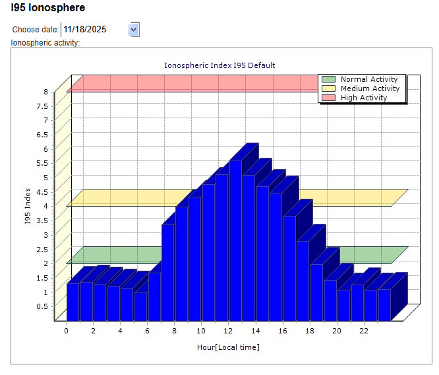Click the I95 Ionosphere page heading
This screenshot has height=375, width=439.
[48, 9]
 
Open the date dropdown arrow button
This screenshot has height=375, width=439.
[134, 29]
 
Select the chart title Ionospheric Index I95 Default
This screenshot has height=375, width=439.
[219, 65]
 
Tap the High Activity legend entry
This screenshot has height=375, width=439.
[363, 98]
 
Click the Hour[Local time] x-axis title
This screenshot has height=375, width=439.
[228, 347]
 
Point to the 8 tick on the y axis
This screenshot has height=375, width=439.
[45, 92]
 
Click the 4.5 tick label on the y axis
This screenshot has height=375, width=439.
[42, 191]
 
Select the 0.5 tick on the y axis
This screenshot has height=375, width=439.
[42, 306]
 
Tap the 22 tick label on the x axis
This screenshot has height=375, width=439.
[363, 331]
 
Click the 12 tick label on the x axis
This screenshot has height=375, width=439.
[228, 331]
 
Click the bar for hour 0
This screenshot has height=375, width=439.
[73, 302]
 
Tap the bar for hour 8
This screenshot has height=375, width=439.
[181, 264]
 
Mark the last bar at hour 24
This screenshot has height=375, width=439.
[384, 304]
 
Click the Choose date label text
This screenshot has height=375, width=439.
[36, 30]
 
